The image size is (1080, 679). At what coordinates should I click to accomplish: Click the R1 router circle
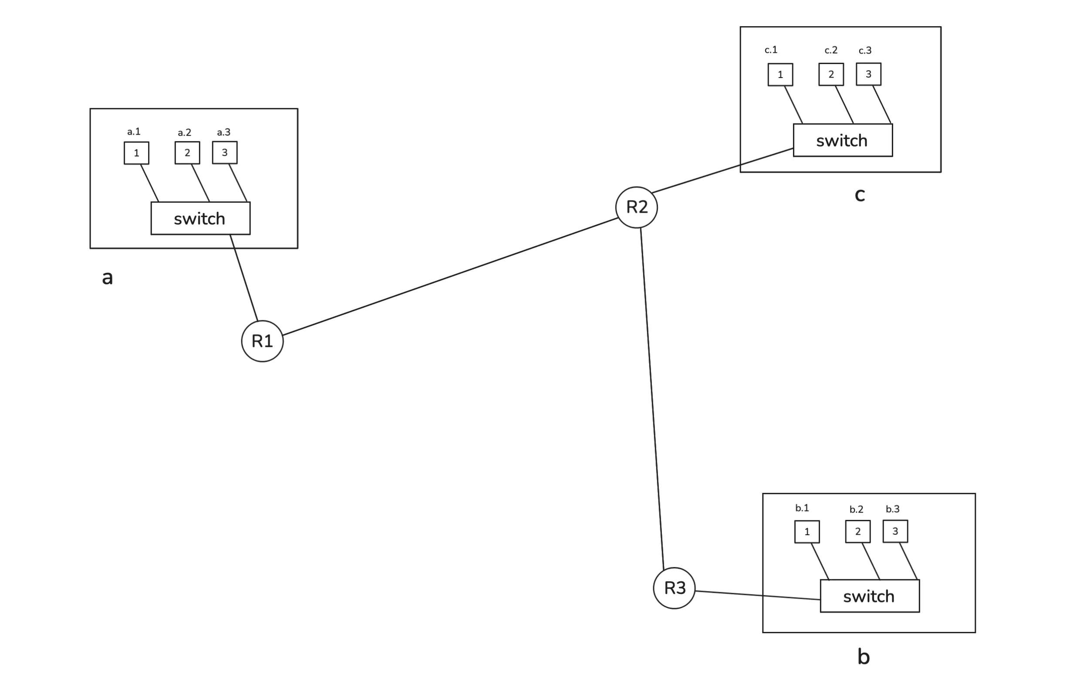click(262, 341)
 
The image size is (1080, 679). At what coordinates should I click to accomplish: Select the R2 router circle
click(636, 207)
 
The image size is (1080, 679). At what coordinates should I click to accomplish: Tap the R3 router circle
click(674, 588)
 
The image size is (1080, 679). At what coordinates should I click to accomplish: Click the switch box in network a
click(200, 218)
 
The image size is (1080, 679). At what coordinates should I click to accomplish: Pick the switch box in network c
click(843, 140)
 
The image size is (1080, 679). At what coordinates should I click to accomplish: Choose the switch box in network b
click(870, 596)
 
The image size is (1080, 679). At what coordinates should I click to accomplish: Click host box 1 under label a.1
click(136, 153)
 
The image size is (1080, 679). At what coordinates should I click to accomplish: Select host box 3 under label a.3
click(225, 153)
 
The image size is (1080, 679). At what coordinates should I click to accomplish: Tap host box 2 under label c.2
click(831, 75)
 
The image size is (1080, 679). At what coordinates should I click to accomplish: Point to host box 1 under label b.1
click(807, 532)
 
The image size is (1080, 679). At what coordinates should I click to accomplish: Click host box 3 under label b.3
click(895, 531)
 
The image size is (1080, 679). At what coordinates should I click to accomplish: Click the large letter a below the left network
click(107, 278)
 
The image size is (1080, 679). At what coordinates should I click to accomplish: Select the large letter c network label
click(859, 195)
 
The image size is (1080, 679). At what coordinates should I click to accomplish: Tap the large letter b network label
click(864, 657)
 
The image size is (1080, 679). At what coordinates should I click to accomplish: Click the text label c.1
click(771, 50)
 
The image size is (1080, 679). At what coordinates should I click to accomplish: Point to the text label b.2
click(856, 509)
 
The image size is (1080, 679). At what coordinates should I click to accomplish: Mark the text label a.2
click(184, 132)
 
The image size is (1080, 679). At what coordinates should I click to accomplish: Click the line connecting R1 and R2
click(450, 276)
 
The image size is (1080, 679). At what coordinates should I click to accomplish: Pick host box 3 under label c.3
click(868, 74)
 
